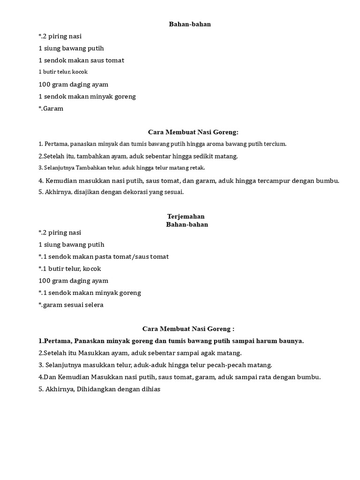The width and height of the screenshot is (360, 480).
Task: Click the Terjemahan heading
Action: click(x=186, y=217)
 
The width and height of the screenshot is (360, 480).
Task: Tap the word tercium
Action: click(x=275, y=144)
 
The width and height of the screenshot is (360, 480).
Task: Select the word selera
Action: click(x=93, y=305)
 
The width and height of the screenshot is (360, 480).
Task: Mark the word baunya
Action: click(x=292, y=341)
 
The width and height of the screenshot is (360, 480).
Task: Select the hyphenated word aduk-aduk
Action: click(x=161, y=365)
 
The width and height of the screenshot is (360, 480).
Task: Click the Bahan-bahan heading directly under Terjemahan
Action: click(x=187, y=225)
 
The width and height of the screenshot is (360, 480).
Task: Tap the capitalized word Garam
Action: click(x=53, y=108)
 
